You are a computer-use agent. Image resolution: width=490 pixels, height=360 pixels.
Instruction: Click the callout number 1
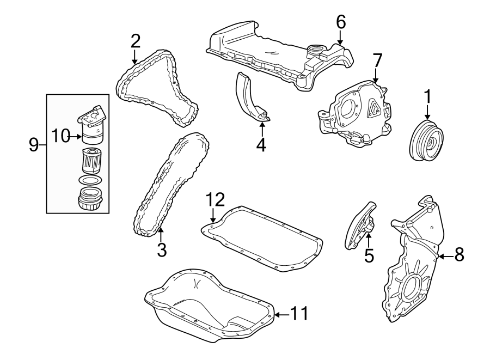pyautogui.click(x=427, y=97)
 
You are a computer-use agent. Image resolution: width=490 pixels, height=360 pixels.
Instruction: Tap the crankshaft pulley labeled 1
pyautogui.click(x=427, y=142)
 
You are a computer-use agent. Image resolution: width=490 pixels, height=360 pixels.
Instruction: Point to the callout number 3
pyautogui.click(x=161, y=251)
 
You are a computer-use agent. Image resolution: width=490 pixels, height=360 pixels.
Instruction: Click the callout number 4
pyautogui.click(x=261, y=145)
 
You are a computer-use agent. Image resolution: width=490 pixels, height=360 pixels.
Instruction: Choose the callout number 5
pyautogui.click(x=369, y=255)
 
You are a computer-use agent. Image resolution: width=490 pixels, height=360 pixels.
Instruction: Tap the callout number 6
pyautogui.click(x=341, y=22)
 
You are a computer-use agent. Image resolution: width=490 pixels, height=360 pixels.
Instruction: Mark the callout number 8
pyautogui.click(x=459, y=255)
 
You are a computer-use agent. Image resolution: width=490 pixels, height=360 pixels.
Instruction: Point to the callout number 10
pyautogui.click(x=62, y=135)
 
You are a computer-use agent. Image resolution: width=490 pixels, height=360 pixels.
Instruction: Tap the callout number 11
pyautogui.click(x=298, y=314)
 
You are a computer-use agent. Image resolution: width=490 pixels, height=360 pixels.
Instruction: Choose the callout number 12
pyautogui.click(x=215, y=200)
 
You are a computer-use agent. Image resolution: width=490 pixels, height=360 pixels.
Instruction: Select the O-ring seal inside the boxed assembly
pyautogui.click(x=90, y=180)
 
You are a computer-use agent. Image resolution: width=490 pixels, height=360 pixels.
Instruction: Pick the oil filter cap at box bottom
pyautogui.click(x=90, y=198)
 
